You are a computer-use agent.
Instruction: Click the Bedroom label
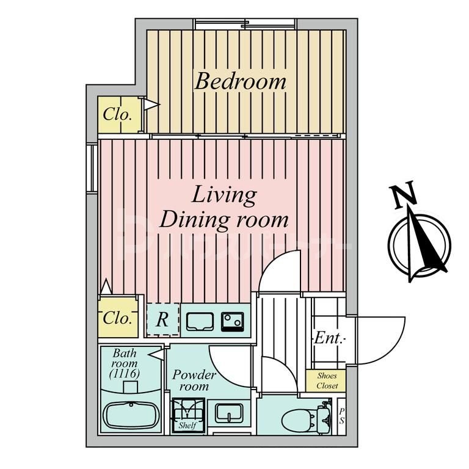point(240,81)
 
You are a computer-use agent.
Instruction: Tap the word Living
point(224,195)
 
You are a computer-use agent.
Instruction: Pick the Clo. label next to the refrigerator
point(116,318)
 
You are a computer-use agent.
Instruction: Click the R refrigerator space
point(162,319)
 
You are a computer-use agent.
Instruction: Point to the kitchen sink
point(201,321)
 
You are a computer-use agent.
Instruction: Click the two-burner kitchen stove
point(233,320)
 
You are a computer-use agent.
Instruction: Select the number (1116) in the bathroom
point(125,373)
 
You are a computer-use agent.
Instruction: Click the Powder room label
point(194,380)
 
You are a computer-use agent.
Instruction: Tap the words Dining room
point(224,219)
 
